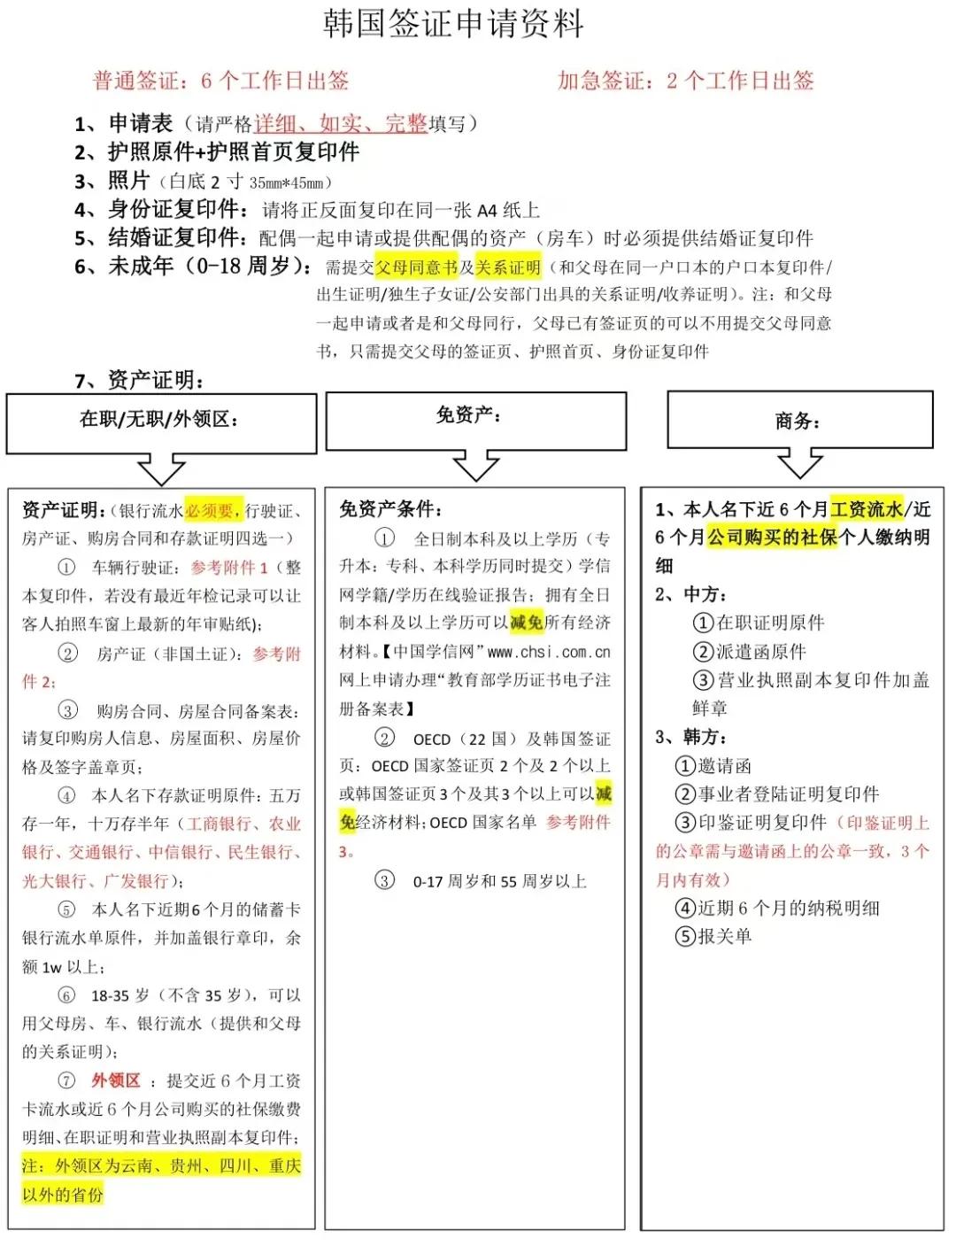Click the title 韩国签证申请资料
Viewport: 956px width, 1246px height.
453,24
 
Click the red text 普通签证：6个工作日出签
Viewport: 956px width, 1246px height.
220,81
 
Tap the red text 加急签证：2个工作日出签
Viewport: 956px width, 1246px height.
685,81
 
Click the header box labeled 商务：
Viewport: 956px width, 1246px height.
799,421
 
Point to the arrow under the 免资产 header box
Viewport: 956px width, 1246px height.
475,466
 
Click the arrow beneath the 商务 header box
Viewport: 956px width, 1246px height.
799,464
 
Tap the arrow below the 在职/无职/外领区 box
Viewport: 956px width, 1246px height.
161,469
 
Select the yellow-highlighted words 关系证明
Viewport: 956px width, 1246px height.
507,267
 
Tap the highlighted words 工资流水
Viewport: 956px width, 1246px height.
867,508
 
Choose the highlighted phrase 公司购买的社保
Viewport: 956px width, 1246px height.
771,537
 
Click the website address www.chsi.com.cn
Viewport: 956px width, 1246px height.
549,652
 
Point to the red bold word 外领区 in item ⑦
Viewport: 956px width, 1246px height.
116,1080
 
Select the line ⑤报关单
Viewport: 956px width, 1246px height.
713,936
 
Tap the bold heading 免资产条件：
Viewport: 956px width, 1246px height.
390,509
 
